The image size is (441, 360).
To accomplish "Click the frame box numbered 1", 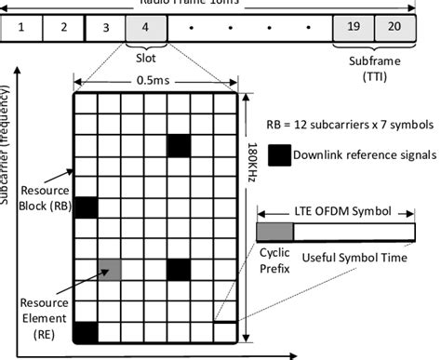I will (x=21, y=27).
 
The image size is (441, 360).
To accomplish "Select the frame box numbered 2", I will (x=63, y=27).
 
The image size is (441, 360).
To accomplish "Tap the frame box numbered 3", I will (x=105, y=27).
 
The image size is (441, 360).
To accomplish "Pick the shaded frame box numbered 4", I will (x=147, y=27).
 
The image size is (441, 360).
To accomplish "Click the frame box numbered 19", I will (x=354, y=27).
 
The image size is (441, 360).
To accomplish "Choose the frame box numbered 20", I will (x=394, y=27).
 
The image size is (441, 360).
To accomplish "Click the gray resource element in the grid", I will (x=109, y=270).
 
